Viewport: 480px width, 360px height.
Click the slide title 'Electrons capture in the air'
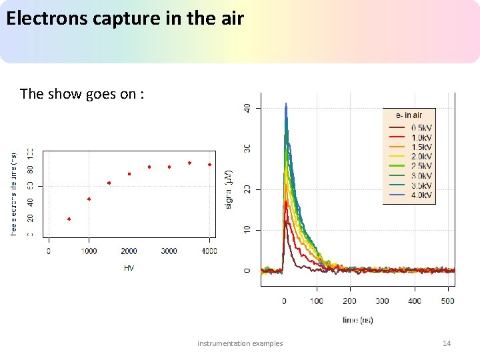click(125, 18)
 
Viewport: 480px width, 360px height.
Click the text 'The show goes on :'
click(81, 94)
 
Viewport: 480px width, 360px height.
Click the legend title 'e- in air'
click(409, 115)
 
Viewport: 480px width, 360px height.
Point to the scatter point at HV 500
click(69, 219)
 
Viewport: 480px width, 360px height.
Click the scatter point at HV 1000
click(89, 199)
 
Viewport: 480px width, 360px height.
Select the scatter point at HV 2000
click(129, 174)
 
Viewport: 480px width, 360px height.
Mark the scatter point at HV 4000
click(209, 165)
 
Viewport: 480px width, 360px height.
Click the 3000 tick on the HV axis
click(169, 251)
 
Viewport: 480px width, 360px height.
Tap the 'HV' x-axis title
click(129, 268)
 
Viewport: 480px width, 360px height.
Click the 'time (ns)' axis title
click(358, 320)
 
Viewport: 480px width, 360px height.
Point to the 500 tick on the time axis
click(447, 301)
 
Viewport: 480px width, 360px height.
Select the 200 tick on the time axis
click(349, 301)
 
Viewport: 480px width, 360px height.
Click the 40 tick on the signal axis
click(247, 107)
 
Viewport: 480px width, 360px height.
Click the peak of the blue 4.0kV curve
click(286, 105)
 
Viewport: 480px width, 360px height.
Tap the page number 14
click(447, 343)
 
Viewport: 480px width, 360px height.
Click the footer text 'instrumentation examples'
click(240, 343)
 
